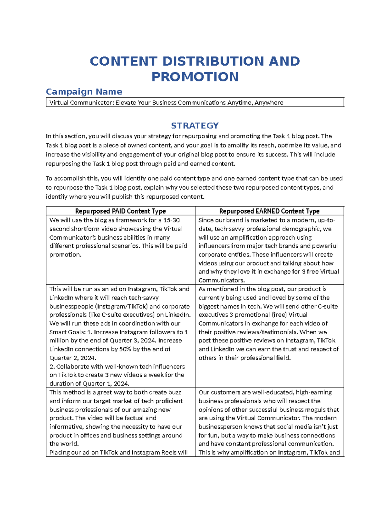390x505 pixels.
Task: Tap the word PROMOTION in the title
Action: click(195, 77)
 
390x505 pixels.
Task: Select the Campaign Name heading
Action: click(84, 92)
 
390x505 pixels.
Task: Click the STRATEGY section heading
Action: click(195, 126)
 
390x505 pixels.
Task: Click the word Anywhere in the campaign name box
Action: click(269, 103)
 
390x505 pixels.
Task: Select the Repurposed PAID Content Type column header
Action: click(120, 211)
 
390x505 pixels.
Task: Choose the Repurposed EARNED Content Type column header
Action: click(269, 211)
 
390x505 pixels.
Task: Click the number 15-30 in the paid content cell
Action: click(172, 220)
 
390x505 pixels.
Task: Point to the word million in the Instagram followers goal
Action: click(59, 340)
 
